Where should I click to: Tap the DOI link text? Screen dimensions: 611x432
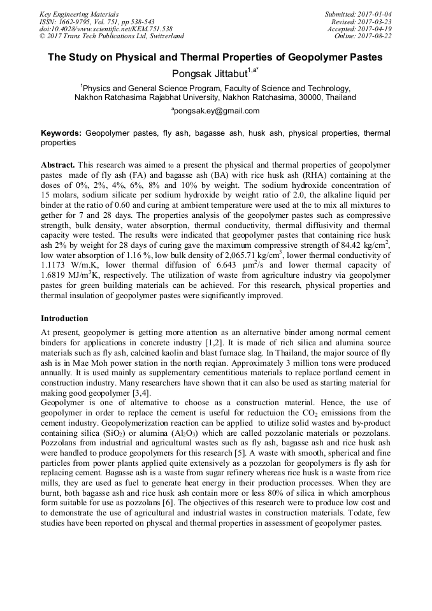[x=106, y=29]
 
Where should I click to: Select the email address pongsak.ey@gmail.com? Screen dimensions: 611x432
[x=215, y=110]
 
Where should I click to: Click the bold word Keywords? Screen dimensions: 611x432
[x=61, y=133]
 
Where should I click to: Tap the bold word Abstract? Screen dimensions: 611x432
[x=58, y=164]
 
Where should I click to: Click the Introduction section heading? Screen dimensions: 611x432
[x=64, y=318]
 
